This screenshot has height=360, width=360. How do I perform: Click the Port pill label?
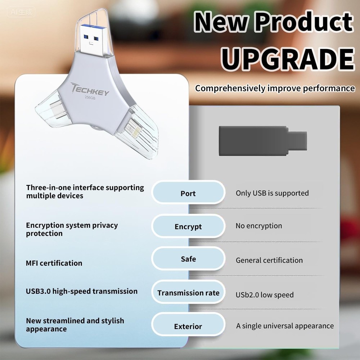click(x=188, y=193)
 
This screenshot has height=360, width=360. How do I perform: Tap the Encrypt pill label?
click(x=188, y=227)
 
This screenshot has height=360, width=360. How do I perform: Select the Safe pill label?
click(x=188, y=259)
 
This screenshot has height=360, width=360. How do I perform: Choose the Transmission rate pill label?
click(x=188, y=293)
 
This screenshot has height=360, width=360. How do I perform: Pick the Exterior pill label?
click(x=188, y=327)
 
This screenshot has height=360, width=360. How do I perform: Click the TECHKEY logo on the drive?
click(x=91, y=89)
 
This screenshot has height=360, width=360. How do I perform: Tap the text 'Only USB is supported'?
click(x=272, y=193)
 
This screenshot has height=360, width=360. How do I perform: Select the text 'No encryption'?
click(x=259, y=226)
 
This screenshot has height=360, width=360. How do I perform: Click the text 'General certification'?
click(x=269, y=260)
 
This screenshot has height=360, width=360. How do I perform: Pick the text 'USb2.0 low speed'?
click(x=265, y=295)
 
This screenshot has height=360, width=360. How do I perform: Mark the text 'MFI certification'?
click(x=54, y=263)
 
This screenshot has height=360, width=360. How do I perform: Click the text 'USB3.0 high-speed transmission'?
click(x=82, y=291)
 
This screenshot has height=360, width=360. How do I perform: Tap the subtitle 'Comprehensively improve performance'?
click(x=275, y=88)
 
